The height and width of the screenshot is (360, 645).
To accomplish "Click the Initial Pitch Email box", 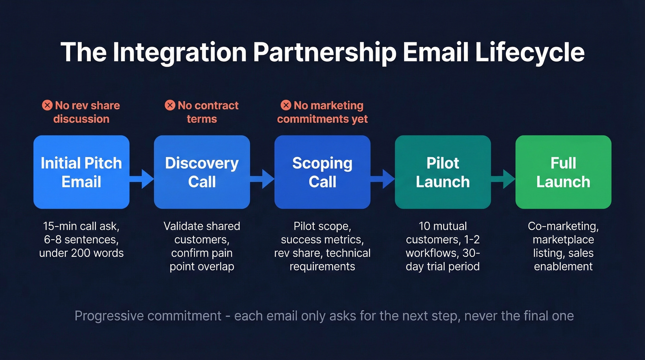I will (x=82, y=172).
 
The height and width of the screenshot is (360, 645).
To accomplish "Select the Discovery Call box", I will (x=202, y=172).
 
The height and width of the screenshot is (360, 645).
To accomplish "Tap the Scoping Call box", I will (x=322, y=172).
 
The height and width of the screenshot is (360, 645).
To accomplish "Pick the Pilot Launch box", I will (x=443, y=172).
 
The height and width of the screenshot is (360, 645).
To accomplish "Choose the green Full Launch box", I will (x=563, y=172).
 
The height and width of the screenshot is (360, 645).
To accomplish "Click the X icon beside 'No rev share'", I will (x=47, y=106).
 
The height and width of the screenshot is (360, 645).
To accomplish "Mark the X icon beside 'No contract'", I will (x=170, y=106).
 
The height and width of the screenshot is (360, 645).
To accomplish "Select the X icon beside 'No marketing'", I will (x=286, y=106).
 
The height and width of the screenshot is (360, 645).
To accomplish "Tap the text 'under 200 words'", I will (x=82, y=253).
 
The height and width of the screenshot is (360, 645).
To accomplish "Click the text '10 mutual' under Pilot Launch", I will (x=443, y=226).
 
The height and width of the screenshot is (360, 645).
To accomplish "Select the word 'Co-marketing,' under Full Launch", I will (x=563, y=226).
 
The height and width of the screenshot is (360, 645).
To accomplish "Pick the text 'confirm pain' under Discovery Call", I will (x=202, y=253).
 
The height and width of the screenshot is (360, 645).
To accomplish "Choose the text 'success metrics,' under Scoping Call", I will (x=322, y=240).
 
